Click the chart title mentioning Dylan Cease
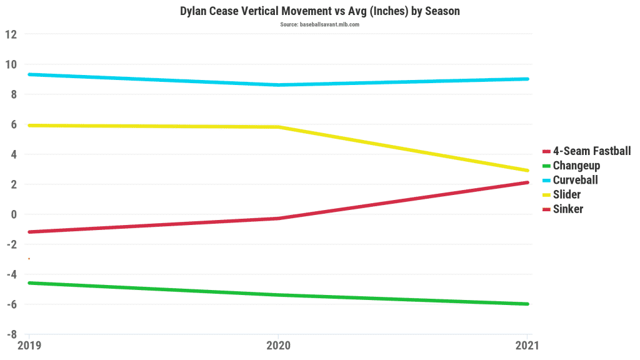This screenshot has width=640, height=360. (319, 11)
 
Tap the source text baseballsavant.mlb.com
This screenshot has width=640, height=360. (319, 24)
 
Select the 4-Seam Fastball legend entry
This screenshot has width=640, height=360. (591, 151)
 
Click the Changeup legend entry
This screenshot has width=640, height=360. (576, 166)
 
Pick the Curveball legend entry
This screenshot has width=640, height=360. (575, 180)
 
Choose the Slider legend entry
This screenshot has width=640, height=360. (566, 194)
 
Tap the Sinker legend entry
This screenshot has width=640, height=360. (567, 209)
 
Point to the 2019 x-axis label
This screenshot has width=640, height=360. (29, 344)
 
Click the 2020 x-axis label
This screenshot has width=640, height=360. (278, 344)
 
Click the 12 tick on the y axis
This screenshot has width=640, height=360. (11, 34)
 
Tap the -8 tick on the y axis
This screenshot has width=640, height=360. (12, 334)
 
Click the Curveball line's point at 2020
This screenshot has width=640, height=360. (278, 85)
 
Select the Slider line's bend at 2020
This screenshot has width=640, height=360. (278, 127)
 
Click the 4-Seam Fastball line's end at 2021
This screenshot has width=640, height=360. (527, 182)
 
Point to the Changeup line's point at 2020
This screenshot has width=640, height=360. (278, 295)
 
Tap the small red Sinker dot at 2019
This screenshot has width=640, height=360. (29, 259)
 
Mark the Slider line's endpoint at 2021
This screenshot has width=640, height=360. (527, 171)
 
